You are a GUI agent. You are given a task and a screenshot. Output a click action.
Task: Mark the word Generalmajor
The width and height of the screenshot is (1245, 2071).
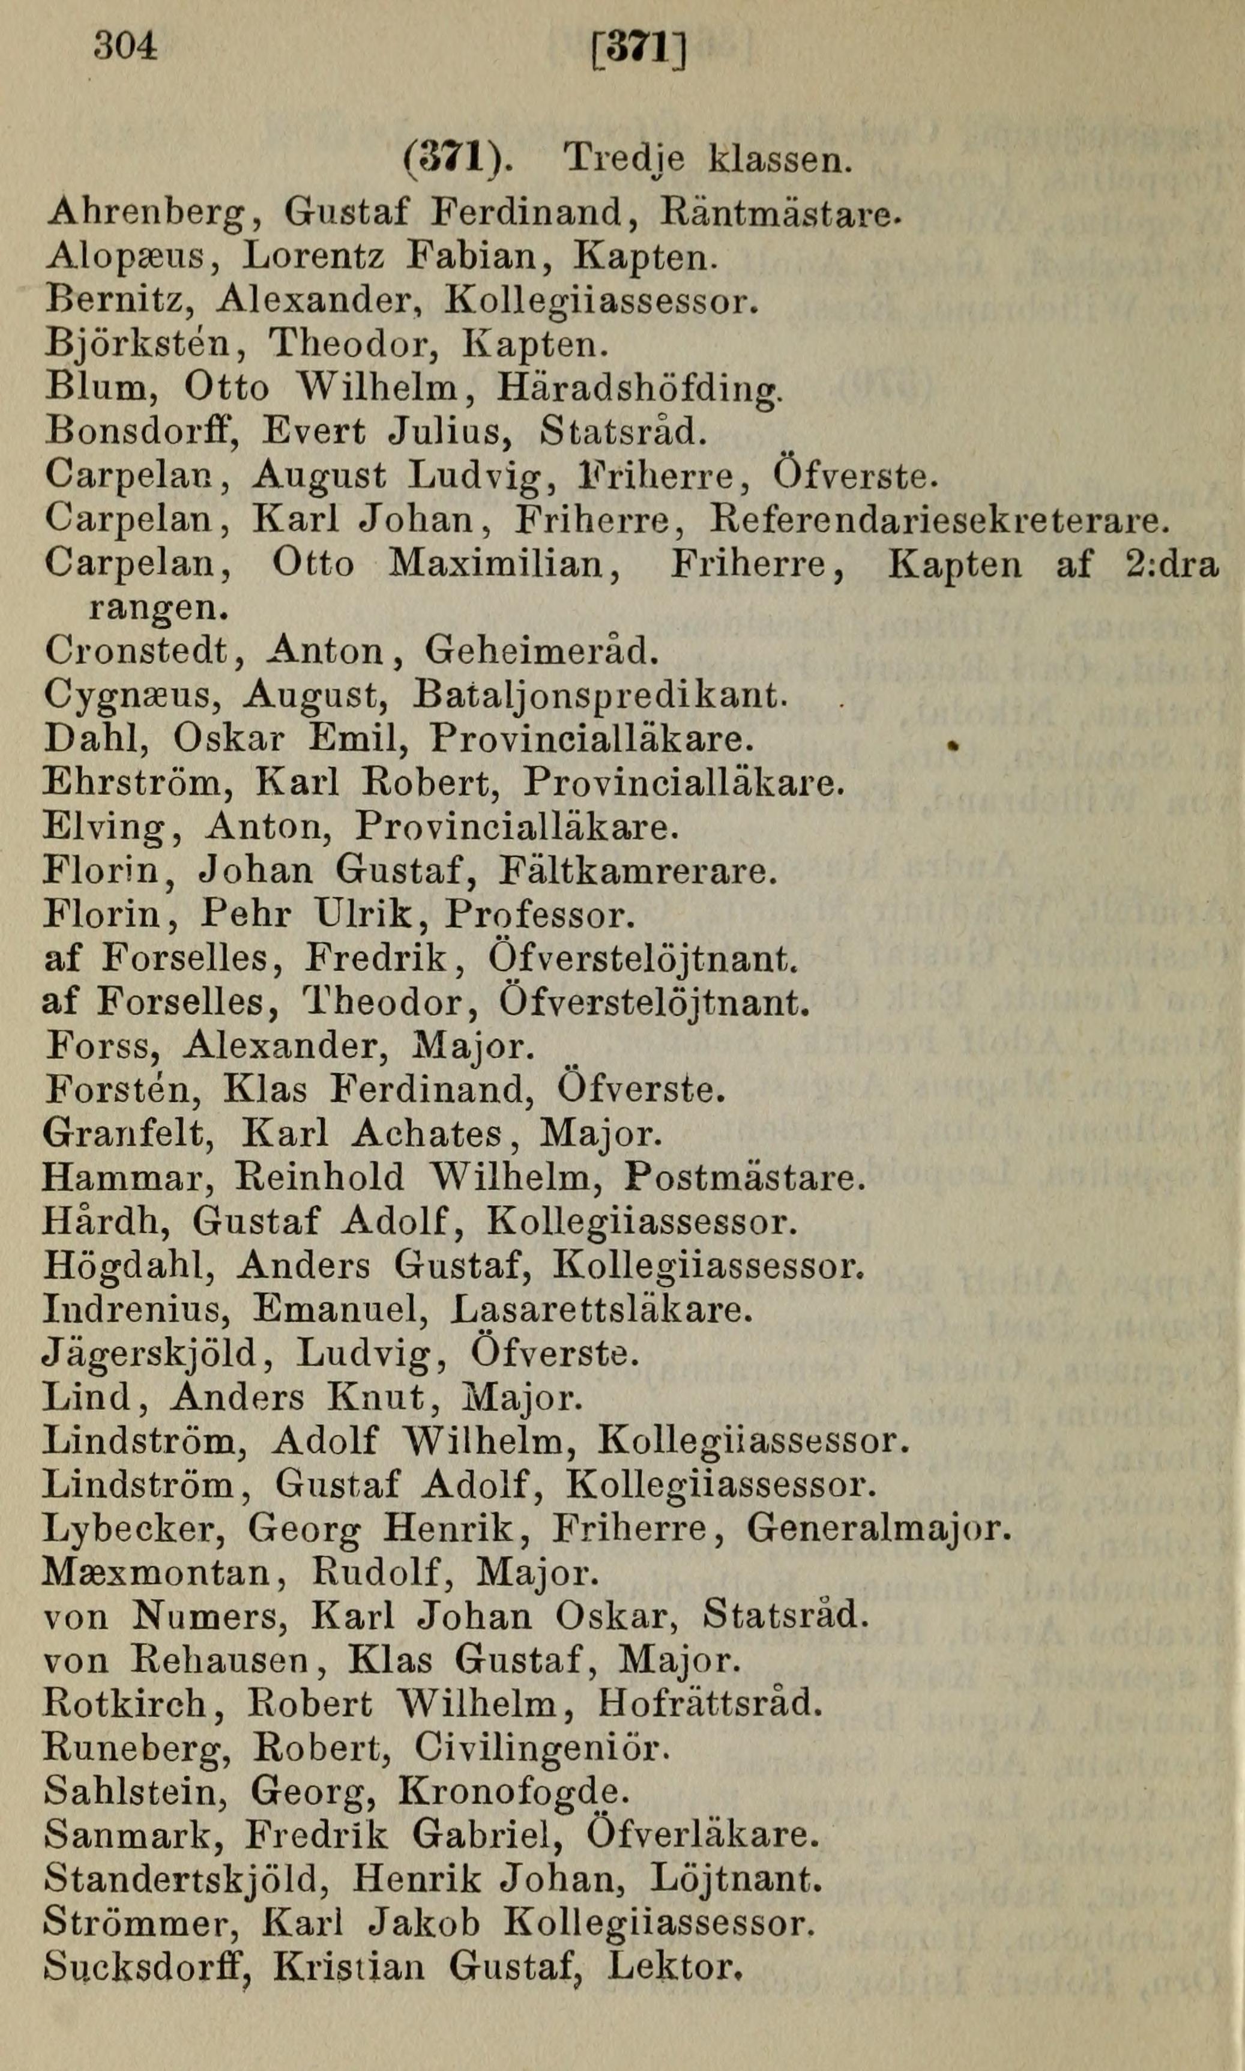pos(878,1529)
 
